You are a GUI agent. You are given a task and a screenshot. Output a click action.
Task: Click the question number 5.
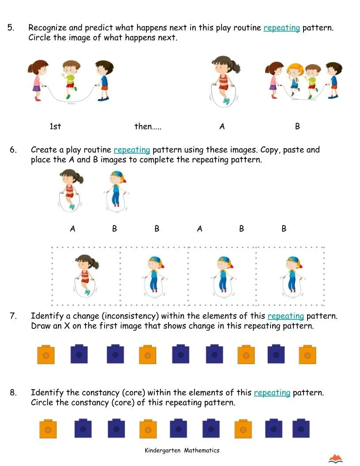tap(11, 28)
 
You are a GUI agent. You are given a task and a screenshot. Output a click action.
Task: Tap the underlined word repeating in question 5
tap(281, 28)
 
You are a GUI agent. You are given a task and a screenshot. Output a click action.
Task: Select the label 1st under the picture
tap(55, 127)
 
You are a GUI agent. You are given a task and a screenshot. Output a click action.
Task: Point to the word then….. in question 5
tap(148, 127)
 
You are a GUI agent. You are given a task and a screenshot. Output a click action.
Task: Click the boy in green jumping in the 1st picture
tap(70, 79)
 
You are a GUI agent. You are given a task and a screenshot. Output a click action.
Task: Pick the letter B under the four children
tap(297, 127)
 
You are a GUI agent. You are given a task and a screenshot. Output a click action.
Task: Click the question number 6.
tap(13, 150)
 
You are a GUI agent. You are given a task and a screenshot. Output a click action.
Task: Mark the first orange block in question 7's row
tap(46, 354)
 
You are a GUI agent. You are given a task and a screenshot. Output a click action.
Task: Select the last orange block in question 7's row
tap(307, 354)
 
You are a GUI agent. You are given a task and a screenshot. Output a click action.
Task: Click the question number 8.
tap(13, 393)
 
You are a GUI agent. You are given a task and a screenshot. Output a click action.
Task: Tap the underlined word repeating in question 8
tap(272, 393)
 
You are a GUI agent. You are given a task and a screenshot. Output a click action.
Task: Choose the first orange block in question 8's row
tap(48, 428)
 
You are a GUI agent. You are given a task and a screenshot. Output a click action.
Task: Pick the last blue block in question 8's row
tap(300, 428)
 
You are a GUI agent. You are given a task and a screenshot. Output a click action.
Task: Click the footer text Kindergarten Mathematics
tap(182, 451)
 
